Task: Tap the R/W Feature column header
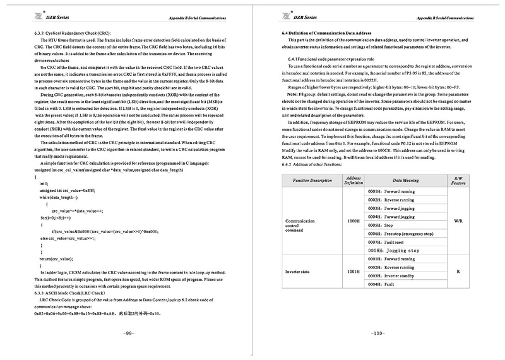point(459,180)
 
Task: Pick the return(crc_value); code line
point(61,260)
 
